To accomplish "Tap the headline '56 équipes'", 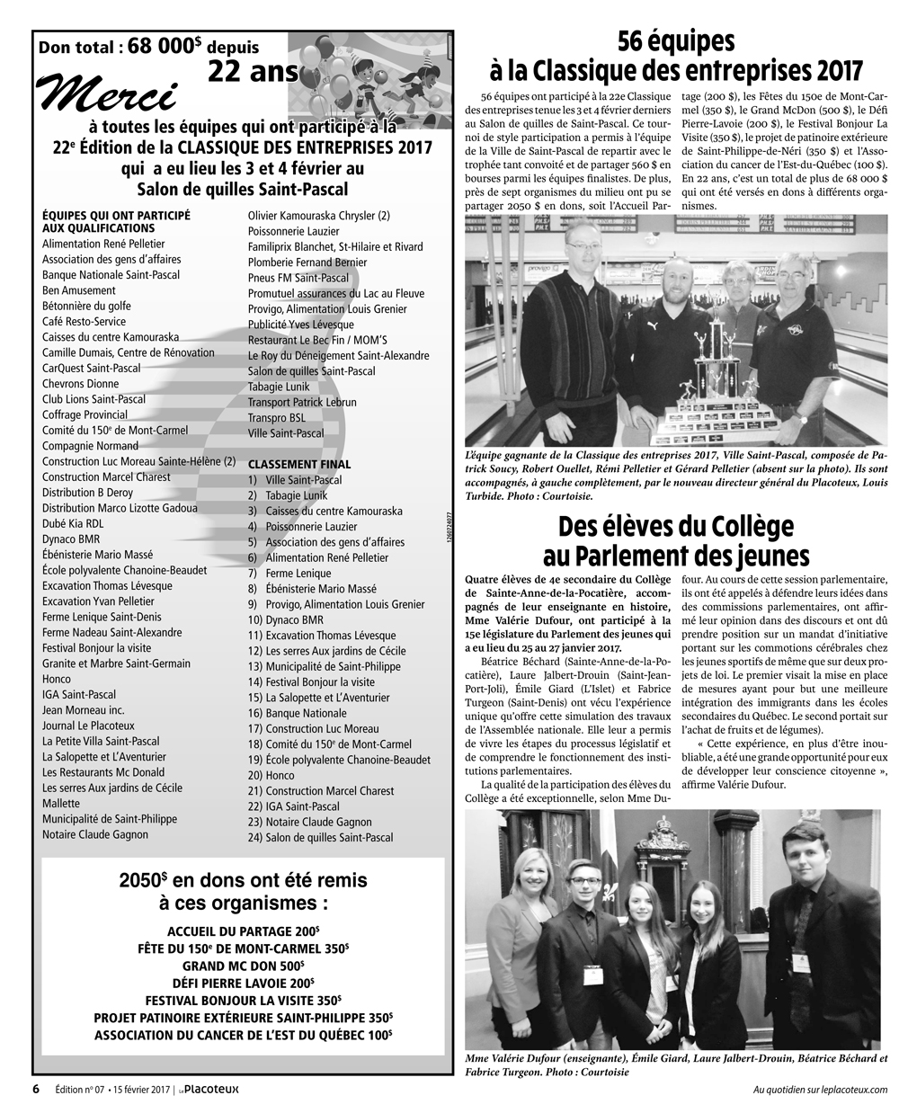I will pos(675,42).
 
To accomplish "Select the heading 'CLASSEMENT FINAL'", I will pos(299,464).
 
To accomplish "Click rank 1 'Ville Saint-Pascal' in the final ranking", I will pos(303,480).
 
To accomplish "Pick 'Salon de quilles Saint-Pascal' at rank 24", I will pos(329,837).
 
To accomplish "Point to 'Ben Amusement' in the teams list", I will pos(79,290).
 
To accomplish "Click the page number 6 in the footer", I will pos(36,1089).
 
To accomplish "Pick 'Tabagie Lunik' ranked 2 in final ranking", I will pos(297,495).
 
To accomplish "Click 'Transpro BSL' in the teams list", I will pos(277,418).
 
